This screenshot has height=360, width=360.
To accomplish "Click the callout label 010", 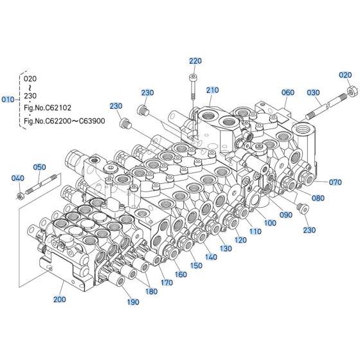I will tap(8, 100).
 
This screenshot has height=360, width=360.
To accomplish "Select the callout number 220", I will tap(195, 61).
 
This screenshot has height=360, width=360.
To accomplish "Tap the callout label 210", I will tap(213, 90).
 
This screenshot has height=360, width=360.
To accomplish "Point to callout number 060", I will tap(288, 92).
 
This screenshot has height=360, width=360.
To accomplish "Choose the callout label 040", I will tap(18, 178).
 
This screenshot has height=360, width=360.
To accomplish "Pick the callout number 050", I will tap(40, 167).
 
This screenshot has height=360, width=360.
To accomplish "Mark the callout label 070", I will tap(336, 183).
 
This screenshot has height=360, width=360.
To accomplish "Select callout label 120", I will tap(240, 240).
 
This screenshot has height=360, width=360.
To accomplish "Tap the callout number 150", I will tap(195, 265).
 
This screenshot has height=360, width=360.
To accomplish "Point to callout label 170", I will tap(166, 282).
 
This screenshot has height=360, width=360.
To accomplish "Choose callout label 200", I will tap(60, 300).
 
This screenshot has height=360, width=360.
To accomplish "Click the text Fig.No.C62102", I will tap(48, 107).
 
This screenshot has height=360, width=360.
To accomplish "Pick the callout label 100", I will tap(270, 222).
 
